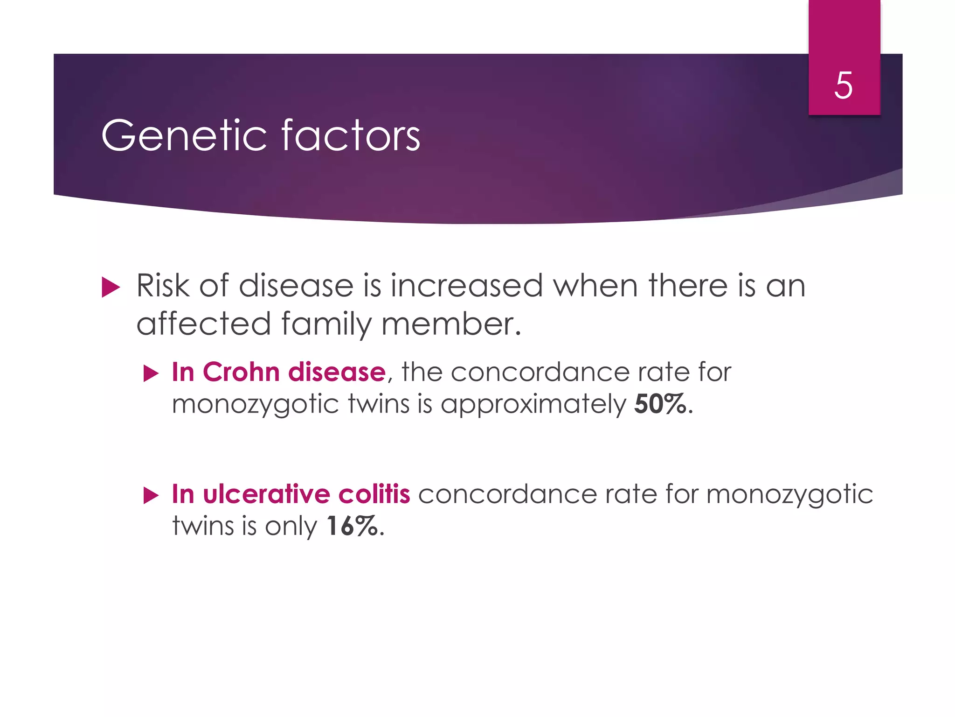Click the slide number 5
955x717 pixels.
click(x=843, y=85)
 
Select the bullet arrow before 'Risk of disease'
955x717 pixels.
click(x=111, y=287)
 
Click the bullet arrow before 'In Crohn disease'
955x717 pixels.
click(x=151, y=373)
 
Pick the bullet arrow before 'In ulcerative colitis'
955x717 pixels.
click(x=151, y=495)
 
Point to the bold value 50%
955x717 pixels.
click(x=660, y=404)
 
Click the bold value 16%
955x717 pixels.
click(x=352, y=526)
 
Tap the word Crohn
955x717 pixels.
click(x=241, y=372)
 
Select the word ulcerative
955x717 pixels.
click(x=267, y=494)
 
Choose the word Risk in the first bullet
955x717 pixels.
click(x=163, y=286)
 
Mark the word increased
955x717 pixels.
click(x=467, y=286)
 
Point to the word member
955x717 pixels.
click(x=448, y=324)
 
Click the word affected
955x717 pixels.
click(x=204, y=324)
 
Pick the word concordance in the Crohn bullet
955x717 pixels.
click(x=540, y=372)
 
